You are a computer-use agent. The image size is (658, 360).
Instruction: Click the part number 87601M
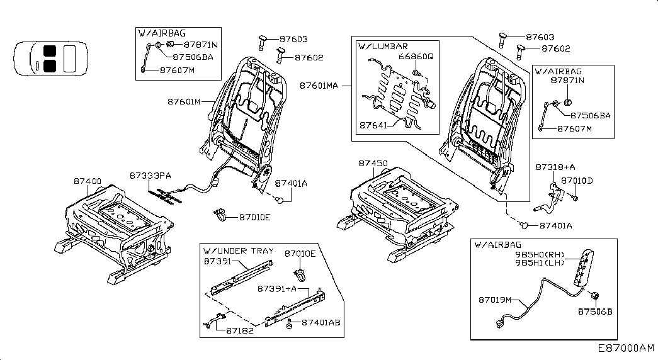tap(184, 101)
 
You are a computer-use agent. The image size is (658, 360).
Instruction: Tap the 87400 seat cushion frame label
tap(88, 181)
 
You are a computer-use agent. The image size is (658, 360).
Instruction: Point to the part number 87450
tap(373, 162)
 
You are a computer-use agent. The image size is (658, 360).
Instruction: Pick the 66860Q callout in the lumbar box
tap(416, 57)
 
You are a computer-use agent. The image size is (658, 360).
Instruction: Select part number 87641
tap(373, 126)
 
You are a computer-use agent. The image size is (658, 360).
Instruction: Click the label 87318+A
tap(555, 167)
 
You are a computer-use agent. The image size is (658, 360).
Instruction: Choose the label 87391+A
tap(276, 289)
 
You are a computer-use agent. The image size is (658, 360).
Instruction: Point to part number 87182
tap(239, 330)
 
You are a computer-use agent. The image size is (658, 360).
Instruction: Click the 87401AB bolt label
tap(321, 322)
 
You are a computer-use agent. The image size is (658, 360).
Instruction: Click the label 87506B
tap(595, 311)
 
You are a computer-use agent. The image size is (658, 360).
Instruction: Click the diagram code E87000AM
tap(626, 348)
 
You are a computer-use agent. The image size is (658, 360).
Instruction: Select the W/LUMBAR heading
tap(383, 46)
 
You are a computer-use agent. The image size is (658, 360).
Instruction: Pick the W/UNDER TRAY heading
tap(239, 250)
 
